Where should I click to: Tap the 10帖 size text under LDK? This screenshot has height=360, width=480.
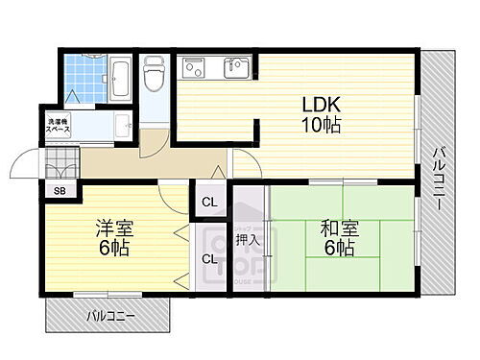(323, 125)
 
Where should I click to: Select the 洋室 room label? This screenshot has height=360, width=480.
(112, 228)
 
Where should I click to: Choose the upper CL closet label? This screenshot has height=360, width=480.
(209, 203)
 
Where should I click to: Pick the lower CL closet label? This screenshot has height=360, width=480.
(209, 258)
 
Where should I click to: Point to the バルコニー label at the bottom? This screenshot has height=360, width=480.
(109, 314)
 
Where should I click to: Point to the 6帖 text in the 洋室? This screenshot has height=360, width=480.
(112, 248)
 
